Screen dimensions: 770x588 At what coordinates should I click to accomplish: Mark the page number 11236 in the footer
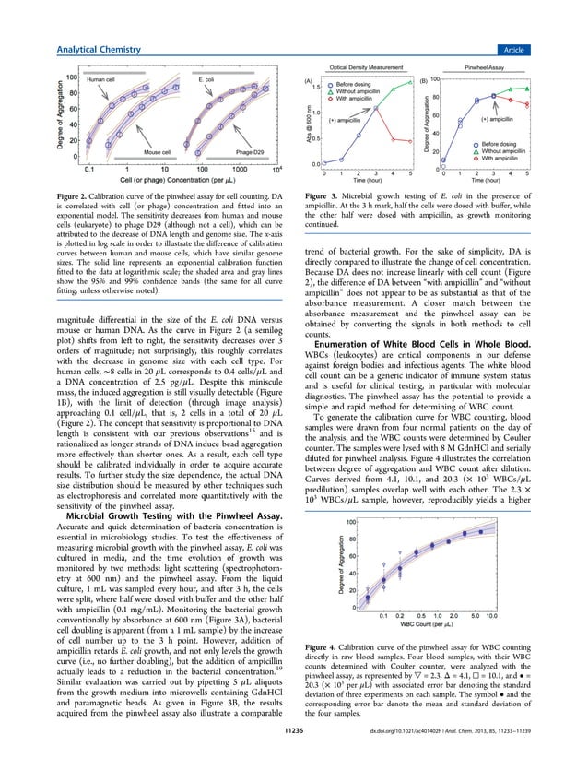(294, 753)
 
